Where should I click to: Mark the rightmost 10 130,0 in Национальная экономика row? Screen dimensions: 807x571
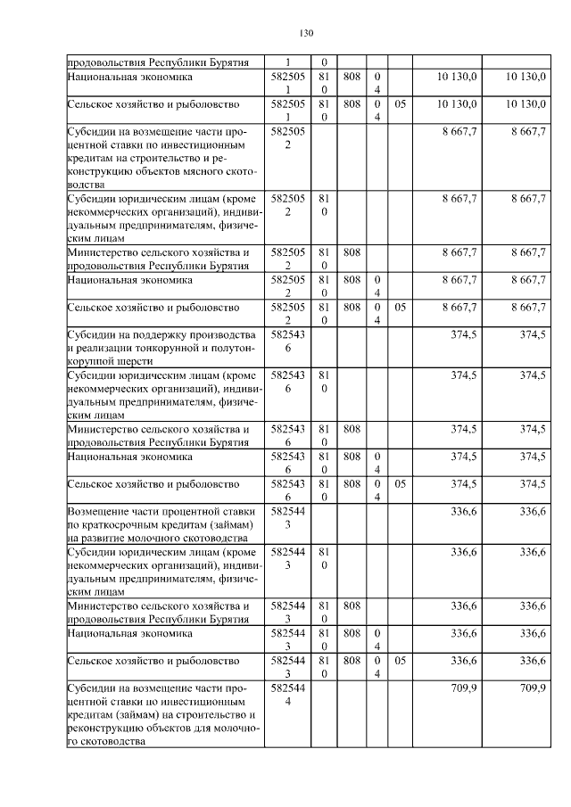(525, 78)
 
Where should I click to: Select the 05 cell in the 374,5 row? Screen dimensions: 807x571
(400, 485)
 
